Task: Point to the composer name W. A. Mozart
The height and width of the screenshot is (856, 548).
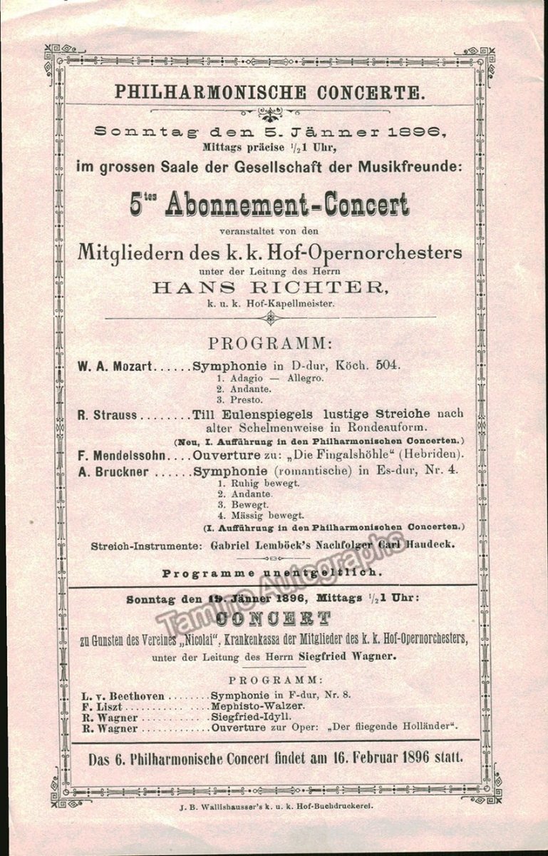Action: tap(115, 366)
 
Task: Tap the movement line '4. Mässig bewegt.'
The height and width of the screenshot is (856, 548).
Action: tap(261, 515)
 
